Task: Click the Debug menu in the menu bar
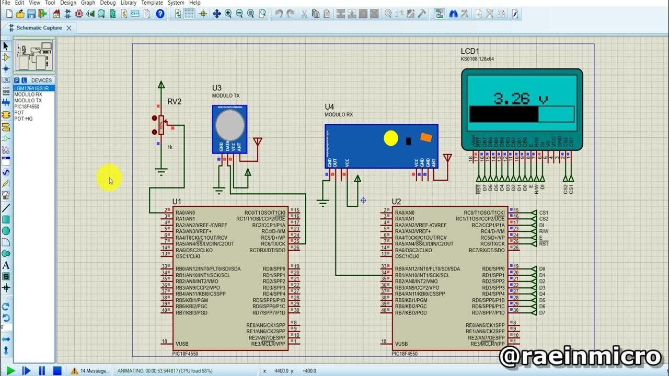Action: point(108,3)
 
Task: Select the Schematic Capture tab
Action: point(39,28)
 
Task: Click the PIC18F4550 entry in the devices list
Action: point(27,107)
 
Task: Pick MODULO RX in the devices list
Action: point(28,95)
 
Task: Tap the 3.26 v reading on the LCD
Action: point(521,98)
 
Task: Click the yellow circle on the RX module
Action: point(391,138)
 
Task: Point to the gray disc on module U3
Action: point(230,125)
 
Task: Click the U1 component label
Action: point(177,202)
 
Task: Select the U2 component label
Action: point(396,202)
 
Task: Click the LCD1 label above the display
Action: point(470,51)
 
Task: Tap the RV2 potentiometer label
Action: point(174,101)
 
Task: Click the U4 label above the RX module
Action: point(329,107)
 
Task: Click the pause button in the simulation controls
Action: point(42,371)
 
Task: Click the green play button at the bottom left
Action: point(10,371)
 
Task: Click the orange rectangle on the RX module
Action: point(426,137)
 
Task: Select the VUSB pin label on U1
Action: point(182,344)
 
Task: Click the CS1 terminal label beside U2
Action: point(544,213)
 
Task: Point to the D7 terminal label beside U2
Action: point(542,313)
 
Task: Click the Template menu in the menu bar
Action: point(152,3)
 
